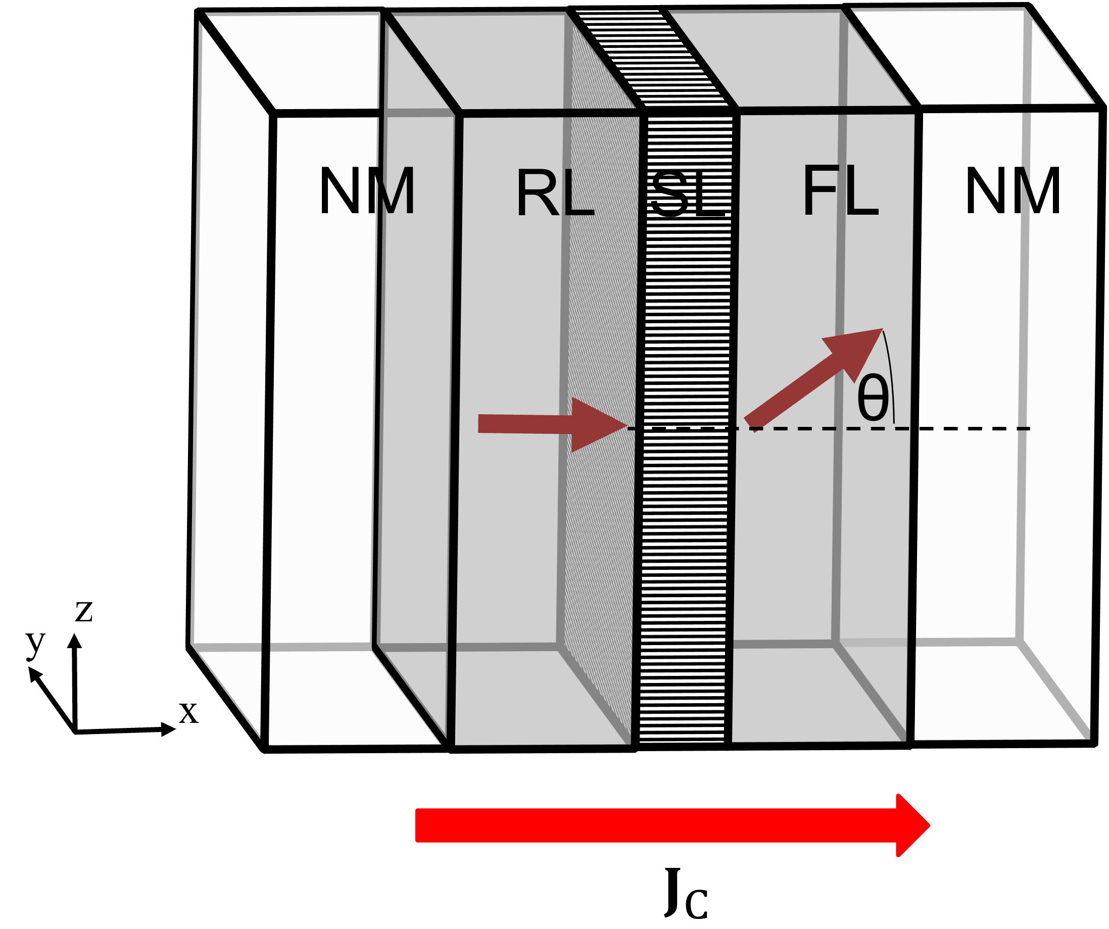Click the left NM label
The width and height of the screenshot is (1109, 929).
point(367,191)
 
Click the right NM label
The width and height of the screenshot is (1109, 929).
point(1012,191)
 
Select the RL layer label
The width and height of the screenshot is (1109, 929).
point(555,193)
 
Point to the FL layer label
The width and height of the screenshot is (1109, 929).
point(840,191)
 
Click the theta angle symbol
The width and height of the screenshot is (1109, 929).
point(873,399)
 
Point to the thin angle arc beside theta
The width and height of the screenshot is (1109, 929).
point(890,375)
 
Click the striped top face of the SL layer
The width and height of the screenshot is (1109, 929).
point(655,58)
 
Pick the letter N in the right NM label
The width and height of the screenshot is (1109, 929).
point(985,191)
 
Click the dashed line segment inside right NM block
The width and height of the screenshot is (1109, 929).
point(977,428)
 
